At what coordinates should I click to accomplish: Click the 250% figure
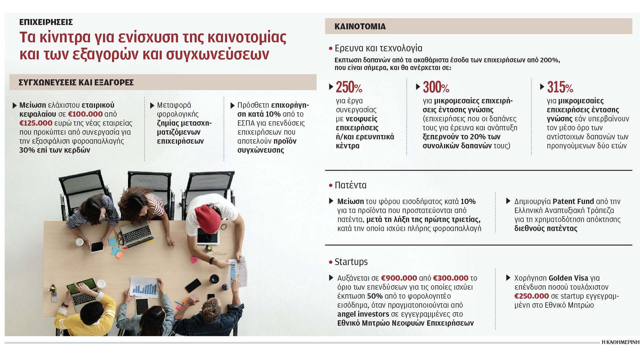(x=349, y=87)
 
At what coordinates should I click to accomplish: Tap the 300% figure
(x=436, y=87)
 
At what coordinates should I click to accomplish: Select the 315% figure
(x=560, y=87)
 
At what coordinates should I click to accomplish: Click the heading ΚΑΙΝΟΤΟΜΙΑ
(x=360, y=26)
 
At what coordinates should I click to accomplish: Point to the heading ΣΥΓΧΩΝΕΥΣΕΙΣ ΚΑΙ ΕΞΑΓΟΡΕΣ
(x=76, y=82)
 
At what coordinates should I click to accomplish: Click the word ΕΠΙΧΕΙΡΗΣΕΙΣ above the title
(x=46, y=22)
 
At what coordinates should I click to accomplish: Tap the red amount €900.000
(x=399, y=278)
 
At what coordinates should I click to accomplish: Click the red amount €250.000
(x=531, y=296)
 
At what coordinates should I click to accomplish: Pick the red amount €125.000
(x=36, y=123)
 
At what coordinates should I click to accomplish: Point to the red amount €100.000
(x=85, y=114)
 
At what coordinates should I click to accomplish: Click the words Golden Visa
(x=568, y=278)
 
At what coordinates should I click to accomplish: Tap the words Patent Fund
(x=573, y=201)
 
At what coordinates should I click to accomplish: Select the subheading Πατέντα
(x=350, y=185)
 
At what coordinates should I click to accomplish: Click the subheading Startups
(x=351, y=262)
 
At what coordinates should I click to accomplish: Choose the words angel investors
(x=363, y=314)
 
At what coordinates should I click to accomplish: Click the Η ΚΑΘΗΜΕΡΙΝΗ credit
(x=620, y=342)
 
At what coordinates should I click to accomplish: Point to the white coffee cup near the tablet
(x=79, y=242)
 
